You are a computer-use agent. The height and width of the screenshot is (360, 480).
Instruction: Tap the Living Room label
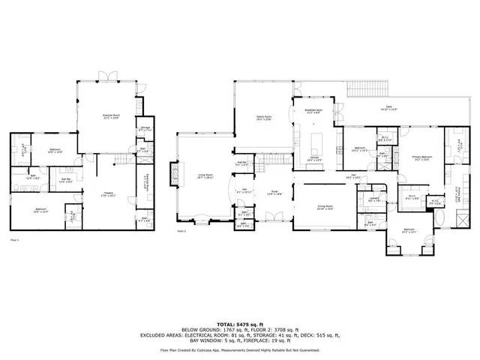tap(205, 176)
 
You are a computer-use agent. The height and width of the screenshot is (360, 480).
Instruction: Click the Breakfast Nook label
tap(313, 111)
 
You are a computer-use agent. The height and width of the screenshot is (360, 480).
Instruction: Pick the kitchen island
tap(313, 140)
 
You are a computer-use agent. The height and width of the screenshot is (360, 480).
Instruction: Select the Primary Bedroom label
tap(420, 157)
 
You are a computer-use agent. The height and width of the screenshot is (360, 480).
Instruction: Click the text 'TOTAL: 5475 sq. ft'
tap(239, 324)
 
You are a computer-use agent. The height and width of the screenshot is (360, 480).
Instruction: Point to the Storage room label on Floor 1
tap(145, 128)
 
